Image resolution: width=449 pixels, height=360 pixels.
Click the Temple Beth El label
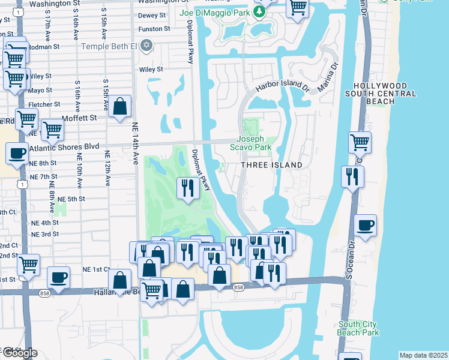point(109,45)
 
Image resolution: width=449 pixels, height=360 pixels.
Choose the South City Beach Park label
point(358,328)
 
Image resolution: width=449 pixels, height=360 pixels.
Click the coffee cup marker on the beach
point(365,226)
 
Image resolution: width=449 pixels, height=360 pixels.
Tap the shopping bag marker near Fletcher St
point(120,107)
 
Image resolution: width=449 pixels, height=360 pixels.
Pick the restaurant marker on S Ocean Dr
point(352,176)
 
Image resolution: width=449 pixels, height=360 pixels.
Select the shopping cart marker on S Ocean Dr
point(360,143)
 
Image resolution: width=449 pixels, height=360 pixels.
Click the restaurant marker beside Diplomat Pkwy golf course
point(187,188)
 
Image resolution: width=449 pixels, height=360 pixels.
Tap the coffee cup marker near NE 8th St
point(17,153)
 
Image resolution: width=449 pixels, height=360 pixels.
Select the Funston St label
point(150,29)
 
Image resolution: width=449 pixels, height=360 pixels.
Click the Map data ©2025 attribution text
point(423,355)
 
